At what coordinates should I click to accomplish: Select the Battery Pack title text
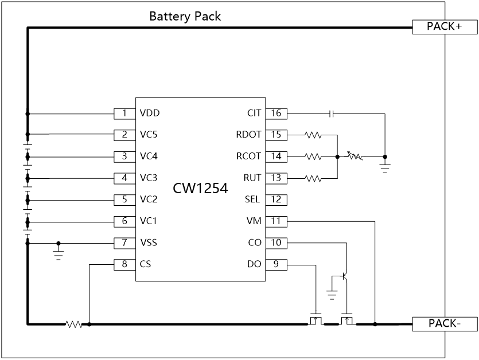click(x=185, y=16)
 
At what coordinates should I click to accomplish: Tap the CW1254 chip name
click(x=200, y=188)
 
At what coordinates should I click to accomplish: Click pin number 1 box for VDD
click(x=124, y=113)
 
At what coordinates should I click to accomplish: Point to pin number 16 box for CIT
click(x=276, y=113)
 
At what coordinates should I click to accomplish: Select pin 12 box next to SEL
click(x=276, y=199)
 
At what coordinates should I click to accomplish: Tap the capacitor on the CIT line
click(x=332, y=114)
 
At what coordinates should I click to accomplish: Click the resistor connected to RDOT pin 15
click(x=313, y=135)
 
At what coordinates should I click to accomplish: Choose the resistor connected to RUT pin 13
click(x=313, y=178)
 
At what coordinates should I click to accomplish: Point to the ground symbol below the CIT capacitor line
click(x=385, y=168)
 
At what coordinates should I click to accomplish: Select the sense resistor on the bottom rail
click(x=74, y=324)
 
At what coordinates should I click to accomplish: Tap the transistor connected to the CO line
click(x=344, y=276)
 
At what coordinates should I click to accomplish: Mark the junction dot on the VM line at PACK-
click(x=375, y=324)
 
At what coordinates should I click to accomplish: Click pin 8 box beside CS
click(x=124, y=264)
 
